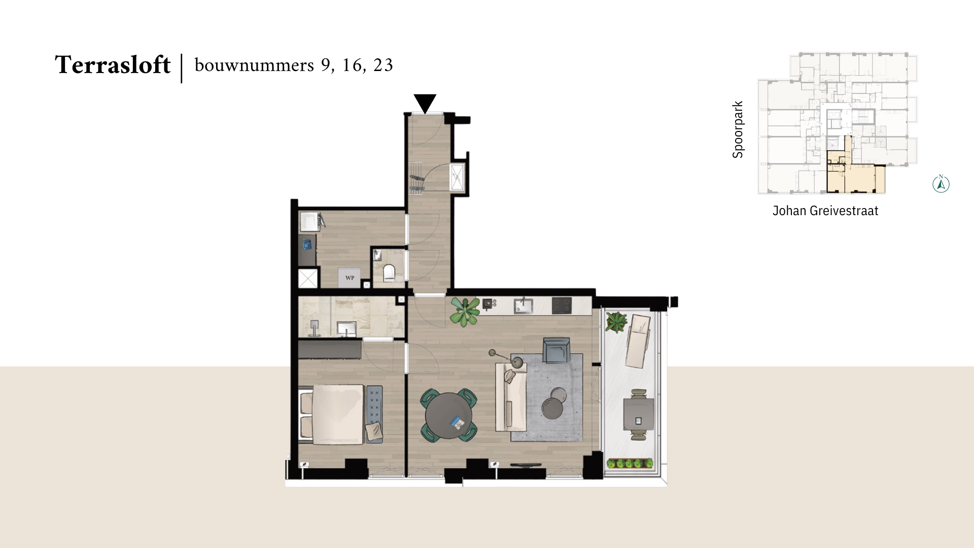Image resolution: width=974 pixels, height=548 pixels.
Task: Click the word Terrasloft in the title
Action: [x=113, y=65]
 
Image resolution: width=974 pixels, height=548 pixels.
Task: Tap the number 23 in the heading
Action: [x=383, y=65]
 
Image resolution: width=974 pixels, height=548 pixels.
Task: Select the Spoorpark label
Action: [x=738, y=129]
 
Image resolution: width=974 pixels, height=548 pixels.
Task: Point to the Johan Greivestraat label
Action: [x=825, y=211]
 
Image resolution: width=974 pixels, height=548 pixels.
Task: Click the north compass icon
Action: [x=941, y=184]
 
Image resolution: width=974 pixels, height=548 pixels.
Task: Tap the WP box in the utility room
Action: [x=350, y=278]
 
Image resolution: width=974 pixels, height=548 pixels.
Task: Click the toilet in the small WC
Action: [x=389, y=273]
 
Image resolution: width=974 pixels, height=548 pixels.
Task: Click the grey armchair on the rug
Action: [x=556, y=351]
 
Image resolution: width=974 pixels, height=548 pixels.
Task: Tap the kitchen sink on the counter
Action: [x=523, y=305]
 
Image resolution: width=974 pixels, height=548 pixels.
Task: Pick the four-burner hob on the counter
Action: [x=562, y=305]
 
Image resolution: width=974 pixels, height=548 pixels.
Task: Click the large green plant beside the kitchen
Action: [x=465, y=311]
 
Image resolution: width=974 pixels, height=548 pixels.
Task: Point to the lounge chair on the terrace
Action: [x=638, y=340]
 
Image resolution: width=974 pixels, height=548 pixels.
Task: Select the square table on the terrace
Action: [x=638, y=414]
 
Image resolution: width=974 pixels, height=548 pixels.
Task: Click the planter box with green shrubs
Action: [x=630, y=463]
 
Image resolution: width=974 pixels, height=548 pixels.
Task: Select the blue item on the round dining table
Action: [x=458, y=422]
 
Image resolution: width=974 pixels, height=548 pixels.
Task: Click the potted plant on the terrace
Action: [x=616, y=322]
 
